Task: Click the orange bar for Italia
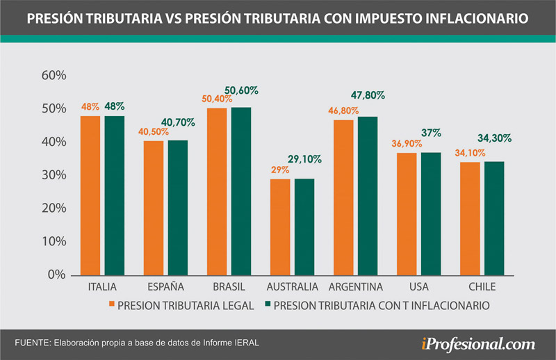tap(90, 195)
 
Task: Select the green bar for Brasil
tap(241, 191)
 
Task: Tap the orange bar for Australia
tap(279, 227)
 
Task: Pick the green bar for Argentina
tap(368, 196)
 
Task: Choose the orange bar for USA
tap(407, 214)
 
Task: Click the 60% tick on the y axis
tap(54, 75)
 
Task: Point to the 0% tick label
tap(56, 275)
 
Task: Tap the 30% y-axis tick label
tap(54, 175)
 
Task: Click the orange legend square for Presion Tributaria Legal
tap(111, 305)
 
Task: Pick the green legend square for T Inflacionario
tap(268, 305)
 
